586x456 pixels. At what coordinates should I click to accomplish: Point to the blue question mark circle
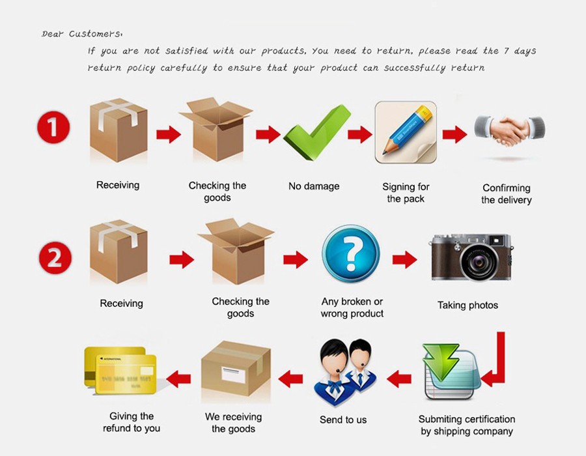(351, 253)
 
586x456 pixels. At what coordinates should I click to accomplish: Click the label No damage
(314, 186)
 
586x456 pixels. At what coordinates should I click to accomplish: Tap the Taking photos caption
(467, 305)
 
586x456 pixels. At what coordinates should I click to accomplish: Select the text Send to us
(343, 420)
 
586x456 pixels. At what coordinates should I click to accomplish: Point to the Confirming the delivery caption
(507, 194)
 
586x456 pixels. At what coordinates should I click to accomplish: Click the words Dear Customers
(82, 34)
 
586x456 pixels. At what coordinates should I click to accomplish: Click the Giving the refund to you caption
(132, 422)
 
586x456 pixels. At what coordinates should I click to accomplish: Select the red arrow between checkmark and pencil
(359, 135)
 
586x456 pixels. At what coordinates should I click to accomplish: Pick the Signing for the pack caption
(406, 193)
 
